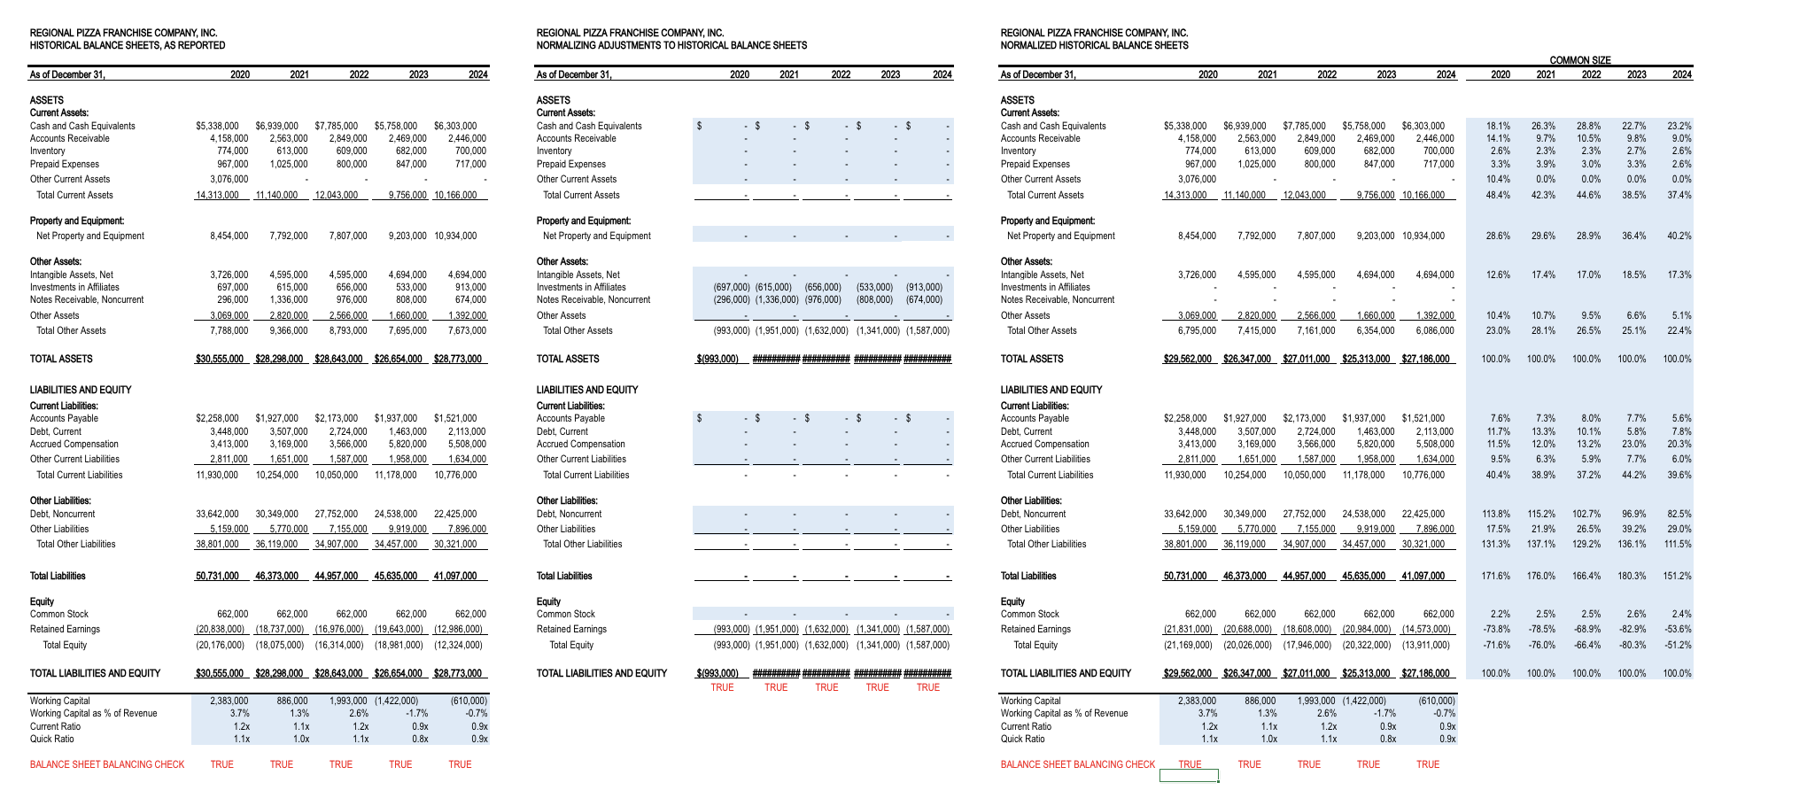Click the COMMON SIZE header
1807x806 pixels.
click(x=1579, y=60)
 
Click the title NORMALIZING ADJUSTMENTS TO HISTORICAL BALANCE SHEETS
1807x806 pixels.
click(x=671, y=45)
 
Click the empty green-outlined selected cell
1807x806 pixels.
click(x=1189, y=776)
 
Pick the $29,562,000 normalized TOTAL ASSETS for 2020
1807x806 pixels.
click(x=1188, y=359)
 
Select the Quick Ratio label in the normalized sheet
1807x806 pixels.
click(x=1022, y=739)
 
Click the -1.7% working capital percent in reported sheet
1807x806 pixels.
click(x=415, y=713)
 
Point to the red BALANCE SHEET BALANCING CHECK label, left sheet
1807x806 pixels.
click(x=107, y=764)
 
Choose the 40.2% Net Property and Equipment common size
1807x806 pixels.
click(x=1679, y=236)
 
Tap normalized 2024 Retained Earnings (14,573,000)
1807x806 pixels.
click(x=1426, y=629)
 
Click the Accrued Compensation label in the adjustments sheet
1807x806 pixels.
click(x=580, y=444)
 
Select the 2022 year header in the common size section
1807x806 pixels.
click(x=1591, y=74)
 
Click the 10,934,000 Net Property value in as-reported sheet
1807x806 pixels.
click(x=455, y=236)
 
